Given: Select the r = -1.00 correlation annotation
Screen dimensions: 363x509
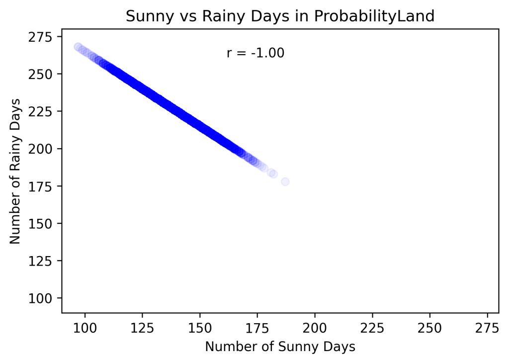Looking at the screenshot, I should (255, 53).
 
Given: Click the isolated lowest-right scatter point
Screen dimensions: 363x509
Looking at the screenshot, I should (285, 181).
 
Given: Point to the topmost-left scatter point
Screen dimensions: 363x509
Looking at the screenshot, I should (78, 47).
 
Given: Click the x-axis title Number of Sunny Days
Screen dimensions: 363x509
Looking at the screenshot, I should (280, 347).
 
